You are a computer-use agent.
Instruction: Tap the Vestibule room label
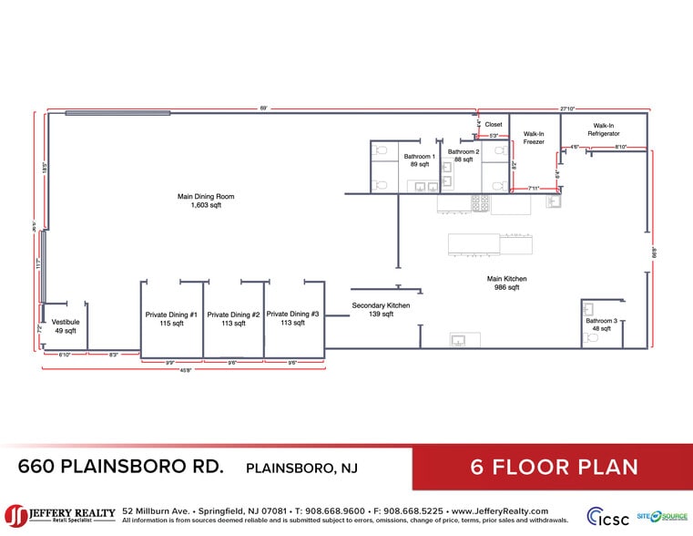point(65,322)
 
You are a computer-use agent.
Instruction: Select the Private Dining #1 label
point(171,314)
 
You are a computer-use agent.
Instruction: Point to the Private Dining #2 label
point(233,314)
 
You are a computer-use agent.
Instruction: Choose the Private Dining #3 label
point(292,314)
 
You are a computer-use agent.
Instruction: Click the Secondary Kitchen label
point(381,305)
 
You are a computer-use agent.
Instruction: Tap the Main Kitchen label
point(506,279)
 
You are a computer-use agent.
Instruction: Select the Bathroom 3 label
point(601,321)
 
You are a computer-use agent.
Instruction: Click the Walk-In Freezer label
point(534,137)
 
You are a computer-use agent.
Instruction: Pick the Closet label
point(494,125)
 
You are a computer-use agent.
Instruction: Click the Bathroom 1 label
point(420,157)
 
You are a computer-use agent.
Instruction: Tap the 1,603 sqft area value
point(206,205)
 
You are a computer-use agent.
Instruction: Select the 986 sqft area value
point(506,288)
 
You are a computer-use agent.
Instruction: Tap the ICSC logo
point(606,516)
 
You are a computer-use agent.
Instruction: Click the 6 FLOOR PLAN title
point(554,468)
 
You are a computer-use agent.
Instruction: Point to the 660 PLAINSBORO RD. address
point(120,467)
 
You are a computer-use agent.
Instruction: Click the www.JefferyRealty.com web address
point(499,511)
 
